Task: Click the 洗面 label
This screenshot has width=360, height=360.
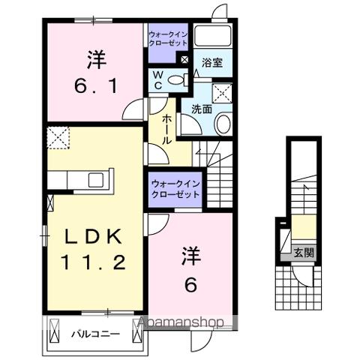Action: pyautogui.click(x=200, y=109)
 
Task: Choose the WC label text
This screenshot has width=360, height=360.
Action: pyautogui.click(x=158, y=80)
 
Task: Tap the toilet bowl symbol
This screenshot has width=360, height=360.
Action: pyautogui.click(x=177, y=79)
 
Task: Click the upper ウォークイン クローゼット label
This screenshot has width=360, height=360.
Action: pyautogui.click(x=169, y=39)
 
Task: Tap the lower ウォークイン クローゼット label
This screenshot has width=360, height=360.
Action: pyautogui.click(x=175, y=187)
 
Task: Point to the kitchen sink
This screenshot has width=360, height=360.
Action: pyautogui.click(x=97, y=181)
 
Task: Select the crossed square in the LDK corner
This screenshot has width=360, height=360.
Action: pyautogui.click(x=57, y=137)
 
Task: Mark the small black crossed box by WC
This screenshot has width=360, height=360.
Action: pyautogui.click(x=184, y=58)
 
